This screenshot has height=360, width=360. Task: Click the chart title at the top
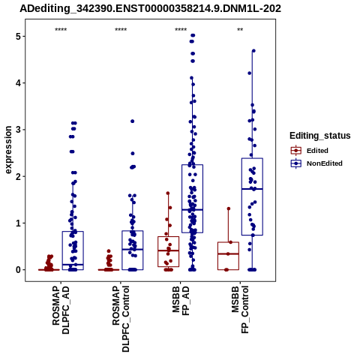(151, 8)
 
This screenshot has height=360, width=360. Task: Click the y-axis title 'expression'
(8, 150)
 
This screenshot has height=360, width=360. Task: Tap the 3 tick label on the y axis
(19, 130)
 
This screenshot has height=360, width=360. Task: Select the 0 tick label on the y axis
(19, 270)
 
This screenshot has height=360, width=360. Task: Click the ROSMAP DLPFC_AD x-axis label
(61, 310)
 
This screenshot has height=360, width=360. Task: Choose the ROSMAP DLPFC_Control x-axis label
(121, 319)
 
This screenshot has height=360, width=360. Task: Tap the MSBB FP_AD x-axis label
(181, 301)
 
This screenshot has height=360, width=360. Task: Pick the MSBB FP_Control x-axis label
(240, 310)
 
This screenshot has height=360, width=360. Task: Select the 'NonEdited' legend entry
(316, 163)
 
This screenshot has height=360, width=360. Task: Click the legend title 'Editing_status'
(320, 136)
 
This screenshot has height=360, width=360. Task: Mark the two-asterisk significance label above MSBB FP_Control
(240, 30)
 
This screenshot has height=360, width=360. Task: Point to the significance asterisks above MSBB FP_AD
(181, 30)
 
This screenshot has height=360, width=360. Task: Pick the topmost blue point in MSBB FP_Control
(253, 51)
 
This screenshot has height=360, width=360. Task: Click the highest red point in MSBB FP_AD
(168, 193)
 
